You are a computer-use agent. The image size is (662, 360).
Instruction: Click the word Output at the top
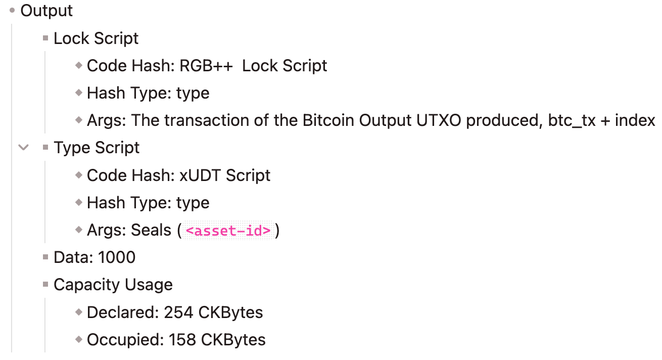[x=46, y=11]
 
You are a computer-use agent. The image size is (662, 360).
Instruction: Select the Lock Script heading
[x=96, y=38]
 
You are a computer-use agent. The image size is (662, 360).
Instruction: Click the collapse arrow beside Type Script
[x=23, y=148]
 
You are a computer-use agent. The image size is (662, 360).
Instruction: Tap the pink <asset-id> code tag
[x=228, y=231]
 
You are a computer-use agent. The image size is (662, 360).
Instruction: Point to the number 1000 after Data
[x=117, y=257]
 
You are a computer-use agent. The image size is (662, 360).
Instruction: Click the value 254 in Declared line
[x=178, y=312]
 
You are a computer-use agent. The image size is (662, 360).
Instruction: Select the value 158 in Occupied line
[x=182, y=340]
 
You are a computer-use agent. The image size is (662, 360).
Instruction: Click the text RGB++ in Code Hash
[x=206, y=66]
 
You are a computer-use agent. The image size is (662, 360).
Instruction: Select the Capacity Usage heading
[x=113, y=285]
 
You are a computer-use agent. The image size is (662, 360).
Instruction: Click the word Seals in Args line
[x=151, y=230]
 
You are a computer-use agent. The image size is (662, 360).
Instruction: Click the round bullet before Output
[x=13, y=11]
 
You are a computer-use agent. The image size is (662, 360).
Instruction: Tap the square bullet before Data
[x=45, y=258]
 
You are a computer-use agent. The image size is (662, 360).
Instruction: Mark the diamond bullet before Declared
[x=78, y=312]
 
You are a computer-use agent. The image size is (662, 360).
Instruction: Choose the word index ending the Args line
[x=635, y=120]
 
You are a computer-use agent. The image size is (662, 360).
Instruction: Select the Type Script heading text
[x=97, y=148]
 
